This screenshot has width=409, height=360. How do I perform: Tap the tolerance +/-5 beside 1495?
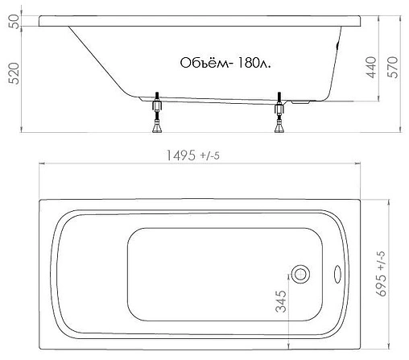pyautogui.click(x=211, y=155)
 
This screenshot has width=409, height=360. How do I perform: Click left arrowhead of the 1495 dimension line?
pyautogui.click(x=42, y=166)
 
